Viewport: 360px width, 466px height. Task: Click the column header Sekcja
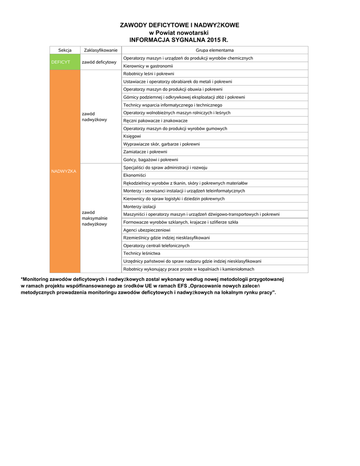click(65, 50)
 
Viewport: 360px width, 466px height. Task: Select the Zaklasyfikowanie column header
click(101, 50)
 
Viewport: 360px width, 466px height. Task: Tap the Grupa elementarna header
click(214, 50)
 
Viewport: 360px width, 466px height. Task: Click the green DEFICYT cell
click(61, 62)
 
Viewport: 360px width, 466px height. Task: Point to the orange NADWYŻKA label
click(64, 171)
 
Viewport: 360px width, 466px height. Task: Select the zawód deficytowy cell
click(99, 62)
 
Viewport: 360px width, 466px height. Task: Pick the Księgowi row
click(132, 136)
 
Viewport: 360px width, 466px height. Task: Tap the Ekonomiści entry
click(134, 175)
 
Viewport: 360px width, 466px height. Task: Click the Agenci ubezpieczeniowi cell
click(143, 230)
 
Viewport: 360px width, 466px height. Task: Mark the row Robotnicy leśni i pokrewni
click(148, 74)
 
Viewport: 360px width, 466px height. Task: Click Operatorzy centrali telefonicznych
click(156, 246)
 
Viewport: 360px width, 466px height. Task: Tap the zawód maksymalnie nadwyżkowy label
click(95, 218)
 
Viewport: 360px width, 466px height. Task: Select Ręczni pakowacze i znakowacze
click(155, 121)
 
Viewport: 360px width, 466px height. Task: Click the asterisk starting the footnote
click(22, 279)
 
